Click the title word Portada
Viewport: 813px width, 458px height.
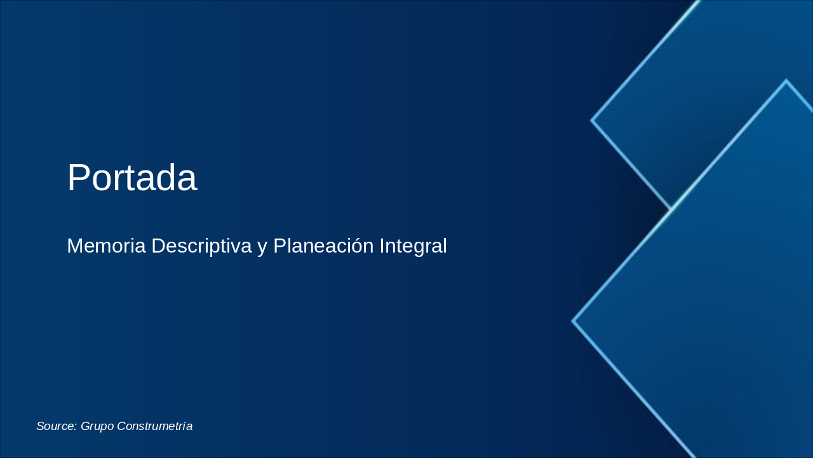[x=131, y=177]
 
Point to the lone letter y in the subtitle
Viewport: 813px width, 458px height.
[x=262, y=247]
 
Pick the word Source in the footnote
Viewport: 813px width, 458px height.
[x=56, y=426]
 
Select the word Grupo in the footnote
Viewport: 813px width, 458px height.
[x=97, y=426]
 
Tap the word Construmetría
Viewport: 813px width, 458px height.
[x=154, y=426]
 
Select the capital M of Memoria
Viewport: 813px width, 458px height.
[x=75, y=246]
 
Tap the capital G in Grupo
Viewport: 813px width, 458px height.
[x=86, y=426]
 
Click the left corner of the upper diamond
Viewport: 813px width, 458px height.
[x=592, y=120]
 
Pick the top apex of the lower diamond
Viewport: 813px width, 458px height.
[x=786, y=81]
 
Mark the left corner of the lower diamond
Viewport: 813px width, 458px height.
[x=573, y=321]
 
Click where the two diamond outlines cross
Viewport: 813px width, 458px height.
[x=671, y=209]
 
